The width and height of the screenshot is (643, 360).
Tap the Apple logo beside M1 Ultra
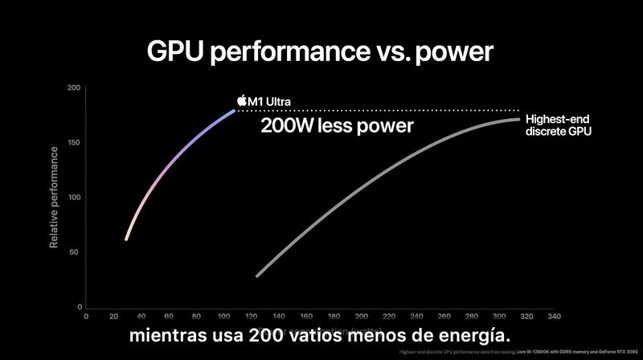click(241, 100)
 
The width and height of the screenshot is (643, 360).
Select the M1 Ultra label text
click(269, 101)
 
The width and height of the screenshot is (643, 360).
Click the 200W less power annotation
click(337, 126)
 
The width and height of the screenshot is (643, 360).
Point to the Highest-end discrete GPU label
click(558, 125)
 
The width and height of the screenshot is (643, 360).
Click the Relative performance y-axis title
click(54, 196)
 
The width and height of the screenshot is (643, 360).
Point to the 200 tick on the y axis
click(74, 88)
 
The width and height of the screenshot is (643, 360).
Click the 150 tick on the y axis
click(74, 143)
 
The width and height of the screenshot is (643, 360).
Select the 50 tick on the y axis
click(76, 252)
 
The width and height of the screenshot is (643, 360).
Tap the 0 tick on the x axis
click(86, 317)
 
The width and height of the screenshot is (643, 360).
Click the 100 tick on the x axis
click(223, 317)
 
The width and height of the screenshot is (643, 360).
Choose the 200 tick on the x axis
click(361, 317)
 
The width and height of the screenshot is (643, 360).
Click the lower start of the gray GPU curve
click(257, 276)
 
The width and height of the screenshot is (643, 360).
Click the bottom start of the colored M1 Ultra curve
click(126, 239)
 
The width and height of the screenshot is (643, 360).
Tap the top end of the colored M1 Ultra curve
click(233, 110)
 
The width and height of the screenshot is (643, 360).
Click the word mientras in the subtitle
click(168, 333)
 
